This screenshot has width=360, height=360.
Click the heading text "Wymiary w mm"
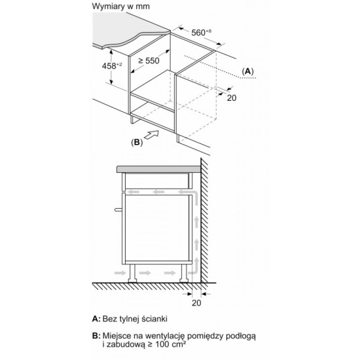[x=121, y=7]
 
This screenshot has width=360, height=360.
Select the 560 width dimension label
[x=202, y=32]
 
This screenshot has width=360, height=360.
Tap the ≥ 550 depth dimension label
[x=149, y=61]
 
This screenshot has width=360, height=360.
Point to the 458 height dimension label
[x=112, y=66]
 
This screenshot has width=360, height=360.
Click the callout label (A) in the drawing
[x=247, y=71]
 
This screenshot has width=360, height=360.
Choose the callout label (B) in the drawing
[x=137, y=142]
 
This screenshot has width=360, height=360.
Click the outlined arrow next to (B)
[x=152, y=135]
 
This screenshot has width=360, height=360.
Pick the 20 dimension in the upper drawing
[x=232, y=98]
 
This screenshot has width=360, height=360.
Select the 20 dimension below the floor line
[x=196, y=303]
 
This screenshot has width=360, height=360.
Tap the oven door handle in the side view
[x=118, y=209]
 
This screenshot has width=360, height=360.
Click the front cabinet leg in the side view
[x=132, y=273]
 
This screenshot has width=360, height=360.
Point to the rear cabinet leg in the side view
[x=184, y=273]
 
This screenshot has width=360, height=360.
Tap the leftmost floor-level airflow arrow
[x=120, y=273]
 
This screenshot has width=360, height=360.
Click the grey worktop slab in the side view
[x=158, y=170]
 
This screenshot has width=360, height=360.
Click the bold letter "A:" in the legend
[x=96, y=319]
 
